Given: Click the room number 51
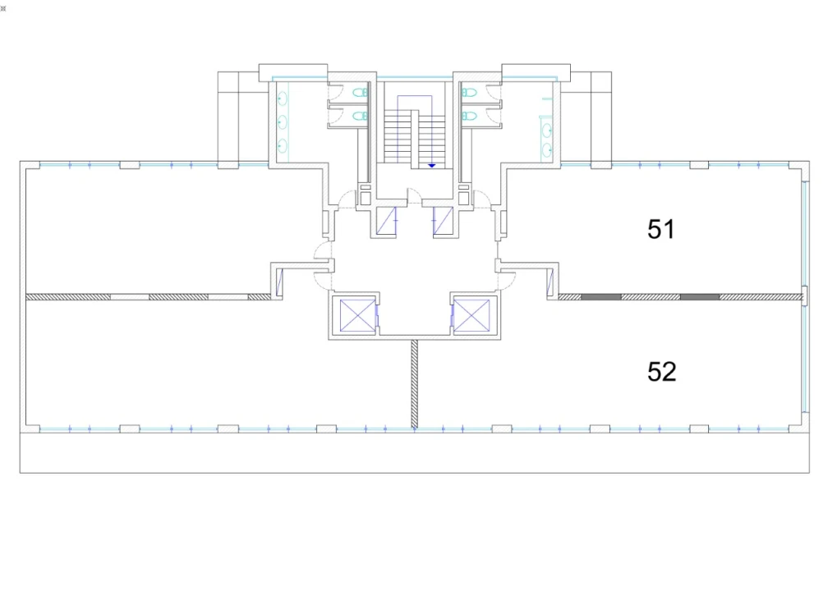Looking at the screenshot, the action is pyautogui.click(x=661, y=229).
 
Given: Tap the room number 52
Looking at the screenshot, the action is pyautogui.click(x=661, y=372).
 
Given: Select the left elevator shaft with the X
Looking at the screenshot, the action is pyautogui.click(x=357, y=316).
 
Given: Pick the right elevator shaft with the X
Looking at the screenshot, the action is pyautogui.click(x=471, y=316).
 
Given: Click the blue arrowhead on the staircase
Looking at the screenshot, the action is pyautogui.click(x=432, y=166).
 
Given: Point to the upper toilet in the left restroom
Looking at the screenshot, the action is pyautogui.click(x=361, y=93).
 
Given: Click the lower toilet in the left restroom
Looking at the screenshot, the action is pyautogui.click(x=361, y=116).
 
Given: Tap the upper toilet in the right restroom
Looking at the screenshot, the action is pyautogui.click(x=469, y=93).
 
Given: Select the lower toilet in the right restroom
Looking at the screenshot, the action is pyautogui.click(x=469, y=116).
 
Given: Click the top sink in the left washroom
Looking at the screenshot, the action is pyautogui.click(x=283, y=98).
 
